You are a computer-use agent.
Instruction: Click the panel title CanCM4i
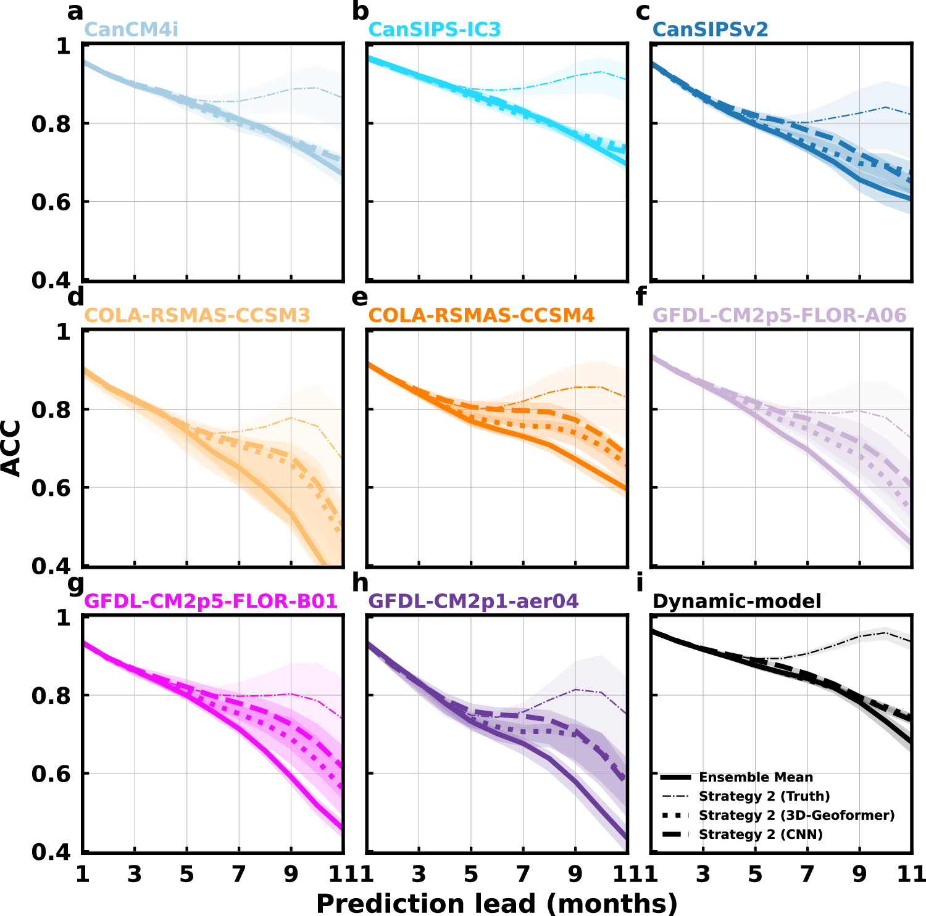131,29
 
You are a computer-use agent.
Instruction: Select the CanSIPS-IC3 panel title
434,29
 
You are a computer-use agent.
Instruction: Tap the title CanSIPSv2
710,29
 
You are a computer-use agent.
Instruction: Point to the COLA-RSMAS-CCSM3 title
197,315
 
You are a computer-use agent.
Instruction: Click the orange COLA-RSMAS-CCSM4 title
481,315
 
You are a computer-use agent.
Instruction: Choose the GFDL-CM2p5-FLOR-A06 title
779,315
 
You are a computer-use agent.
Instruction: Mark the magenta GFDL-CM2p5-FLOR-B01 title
211,601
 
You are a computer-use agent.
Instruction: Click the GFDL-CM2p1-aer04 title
473,601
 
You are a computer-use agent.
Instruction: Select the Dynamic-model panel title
736,601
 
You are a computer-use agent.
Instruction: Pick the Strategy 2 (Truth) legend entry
764,796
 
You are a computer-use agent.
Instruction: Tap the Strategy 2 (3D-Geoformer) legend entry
796,815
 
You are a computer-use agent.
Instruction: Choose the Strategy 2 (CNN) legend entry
761,835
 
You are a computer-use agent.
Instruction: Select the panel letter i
640,582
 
